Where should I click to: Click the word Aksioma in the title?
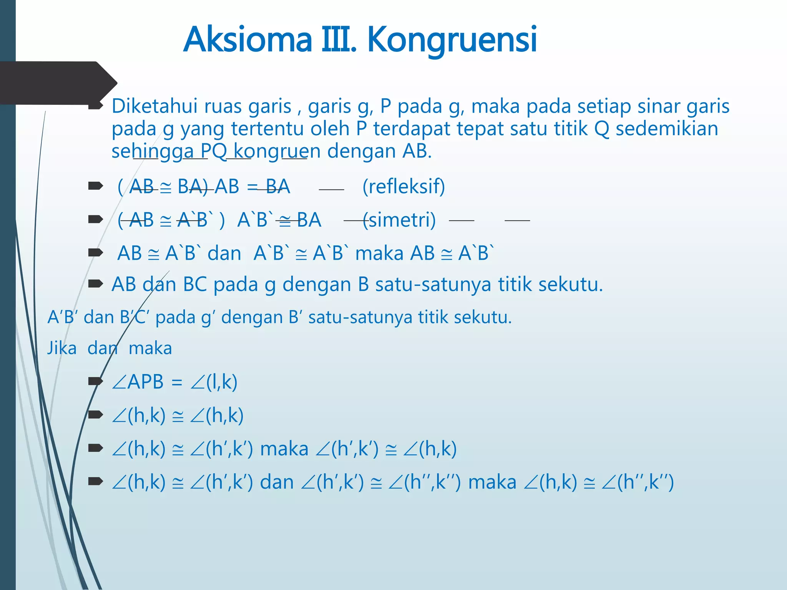coord(247,39)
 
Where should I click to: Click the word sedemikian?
coord(667,128)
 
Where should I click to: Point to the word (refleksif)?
coord(403,187)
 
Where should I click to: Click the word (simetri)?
coord(399,220)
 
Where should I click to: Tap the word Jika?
coord(62,348)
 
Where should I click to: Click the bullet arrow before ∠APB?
coord(96,381)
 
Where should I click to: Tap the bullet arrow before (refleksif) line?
coord(96,186)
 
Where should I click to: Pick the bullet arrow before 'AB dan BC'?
coord(96,284)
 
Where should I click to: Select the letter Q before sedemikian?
coord(602,128)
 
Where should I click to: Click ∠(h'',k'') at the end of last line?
coord(638,482)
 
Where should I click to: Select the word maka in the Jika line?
coord(150,348)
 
